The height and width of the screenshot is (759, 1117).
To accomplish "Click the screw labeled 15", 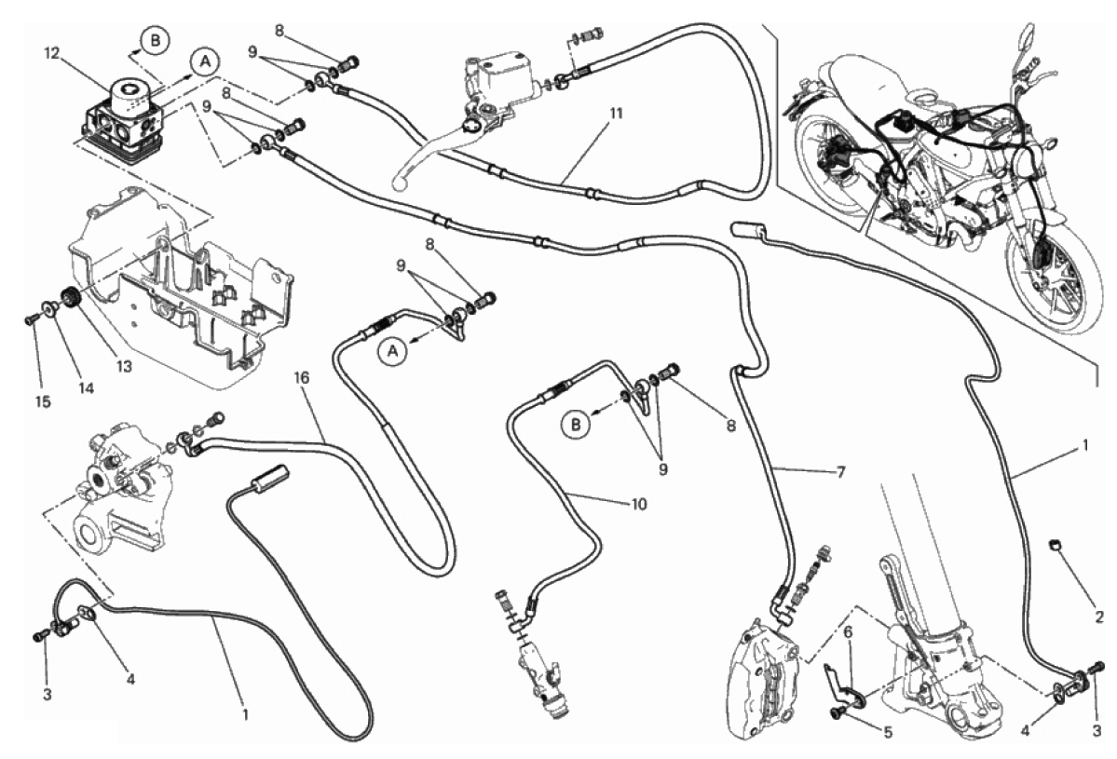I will coord(32,319).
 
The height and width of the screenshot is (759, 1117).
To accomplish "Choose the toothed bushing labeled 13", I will coord(66,301).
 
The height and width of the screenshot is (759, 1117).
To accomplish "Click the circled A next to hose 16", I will coord(393,351).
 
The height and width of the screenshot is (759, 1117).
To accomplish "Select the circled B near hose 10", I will coord(577,425).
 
